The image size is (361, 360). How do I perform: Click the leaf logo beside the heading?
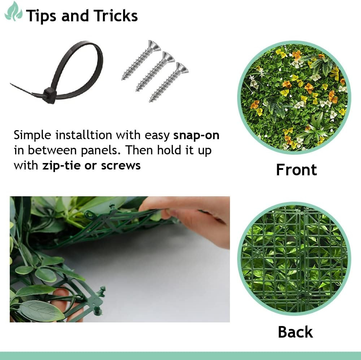(x=13, y=12)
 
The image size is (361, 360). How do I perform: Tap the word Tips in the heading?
(x=41, y=16)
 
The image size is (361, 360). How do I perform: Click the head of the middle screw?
(x=169, y=57)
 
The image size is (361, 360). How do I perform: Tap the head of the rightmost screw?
(x=182, y=68)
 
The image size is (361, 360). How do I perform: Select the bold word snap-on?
(x=196, y=135)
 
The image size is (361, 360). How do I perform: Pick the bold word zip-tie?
(x=61, y=166)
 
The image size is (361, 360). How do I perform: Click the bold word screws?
(x=121, y=166)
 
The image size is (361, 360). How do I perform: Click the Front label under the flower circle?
(x=296, y=170)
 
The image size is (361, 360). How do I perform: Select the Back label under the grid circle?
(x=295, y=332)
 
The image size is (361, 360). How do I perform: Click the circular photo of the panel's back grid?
(x=294, y=259)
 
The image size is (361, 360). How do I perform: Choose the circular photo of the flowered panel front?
(x=294, y=98)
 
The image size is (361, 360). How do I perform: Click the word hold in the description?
(x=170, y=150)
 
